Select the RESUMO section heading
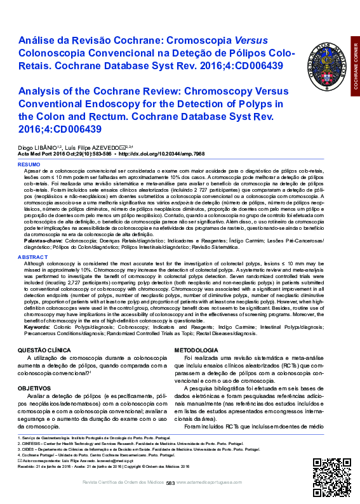point(30,164)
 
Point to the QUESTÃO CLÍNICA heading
point(44,350)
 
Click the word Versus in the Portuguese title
point(250,40)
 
